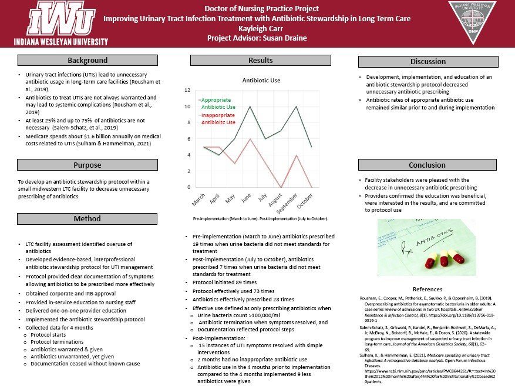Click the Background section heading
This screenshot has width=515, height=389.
point(87,60)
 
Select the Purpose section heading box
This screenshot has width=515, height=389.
point(87,165)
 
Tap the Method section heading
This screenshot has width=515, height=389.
point(87,219)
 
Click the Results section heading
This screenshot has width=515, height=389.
point(260,60)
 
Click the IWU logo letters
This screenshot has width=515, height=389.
point(60,19)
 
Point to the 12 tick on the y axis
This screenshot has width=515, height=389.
point(187,90)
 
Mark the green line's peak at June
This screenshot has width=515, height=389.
point(251,107)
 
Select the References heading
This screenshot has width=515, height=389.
point(428,290)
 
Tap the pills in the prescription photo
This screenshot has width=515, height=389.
point(445,260)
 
